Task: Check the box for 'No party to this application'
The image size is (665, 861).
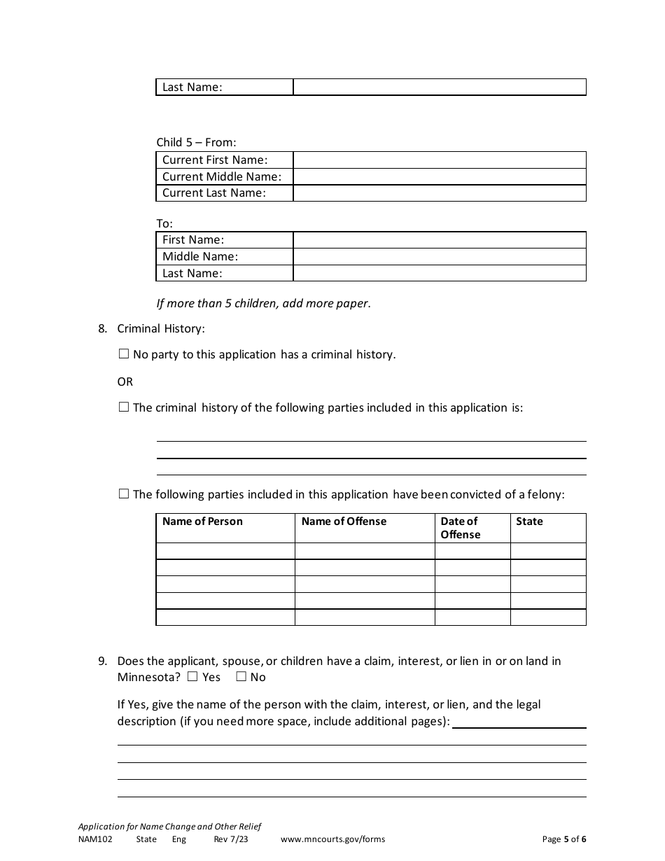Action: pyautogui.click(x=124, y=354)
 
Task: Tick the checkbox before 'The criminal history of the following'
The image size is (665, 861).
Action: pyautogui.click(x=124, y=407)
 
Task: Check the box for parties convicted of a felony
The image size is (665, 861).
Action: pyautogui.click(x=124, y=493)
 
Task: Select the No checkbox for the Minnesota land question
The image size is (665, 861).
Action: pyautogui.click(x=241, y=676)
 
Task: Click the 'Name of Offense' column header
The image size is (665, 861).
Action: pyautogui.click(x=344, y=521)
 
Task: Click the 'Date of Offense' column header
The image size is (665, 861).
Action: pyautogui.click(x=460, y=528)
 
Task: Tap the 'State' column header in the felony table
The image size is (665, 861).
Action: pyautogui.click(x=529, y=521)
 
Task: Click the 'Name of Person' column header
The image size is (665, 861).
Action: pyautogui.click(x=202, y=521)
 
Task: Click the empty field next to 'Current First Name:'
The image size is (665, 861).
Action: pyautogui.click(x=439, y=160)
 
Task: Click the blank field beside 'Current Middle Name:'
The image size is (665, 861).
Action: pyautogui.click(x=439, y=176)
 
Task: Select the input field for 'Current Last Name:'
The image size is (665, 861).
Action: pyautogui.click(x=439, y=193)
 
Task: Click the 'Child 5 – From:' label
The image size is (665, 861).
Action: pyautogui.click(x=196, y=142)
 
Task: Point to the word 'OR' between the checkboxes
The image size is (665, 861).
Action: pyautogui.click(x=125, y=381)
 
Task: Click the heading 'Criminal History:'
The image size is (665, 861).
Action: pyautogui.click(x=161, y=328)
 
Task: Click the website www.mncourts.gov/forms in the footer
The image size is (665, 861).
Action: pyautogui.click(x=332, y=839)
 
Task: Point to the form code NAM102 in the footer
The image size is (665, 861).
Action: pyautogui.click(x=94, y=839)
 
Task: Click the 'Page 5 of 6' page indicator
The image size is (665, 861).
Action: pyautogui.click(x=564, y=839)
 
